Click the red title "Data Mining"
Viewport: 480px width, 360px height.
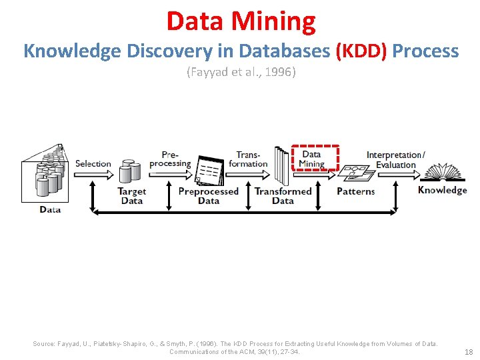[x=241, y=21]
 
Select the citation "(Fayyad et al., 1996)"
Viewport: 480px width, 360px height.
[x=241, y=72]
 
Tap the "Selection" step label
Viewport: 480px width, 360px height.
[x=93, y=163]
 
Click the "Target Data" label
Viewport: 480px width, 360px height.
[x=131, y=196]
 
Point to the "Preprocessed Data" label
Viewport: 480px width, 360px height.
[x=208, y=196]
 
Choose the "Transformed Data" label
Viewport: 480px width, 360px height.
[x=283, y=196]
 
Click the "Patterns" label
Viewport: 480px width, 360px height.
[x=356, y=192]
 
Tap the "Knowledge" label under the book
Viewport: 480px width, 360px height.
[x=442, y=190]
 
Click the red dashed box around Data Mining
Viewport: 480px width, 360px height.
[x=317, y=159]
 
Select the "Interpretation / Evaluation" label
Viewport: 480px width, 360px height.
[x=395, y=160]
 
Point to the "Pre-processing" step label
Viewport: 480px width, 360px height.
[x=169, y=159]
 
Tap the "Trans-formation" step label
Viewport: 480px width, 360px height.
[x=248, y=159]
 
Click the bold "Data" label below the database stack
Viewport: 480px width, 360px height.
[x=50, y=209]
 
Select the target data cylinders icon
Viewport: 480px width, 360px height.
[x=130, y=171]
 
